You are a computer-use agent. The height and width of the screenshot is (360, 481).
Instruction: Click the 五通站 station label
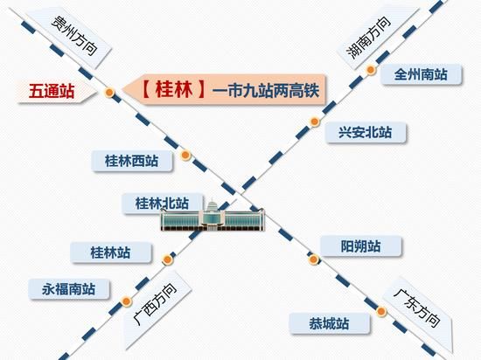pyautogui.click(x=52, y=91)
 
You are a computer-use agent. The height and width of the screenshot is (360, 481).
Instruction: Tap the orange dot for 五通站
pyautogui.click(x=109, y=92)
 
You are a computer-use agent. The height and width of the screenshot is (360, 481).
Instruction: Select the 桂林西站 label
pyautogui.click(x=131, y=161)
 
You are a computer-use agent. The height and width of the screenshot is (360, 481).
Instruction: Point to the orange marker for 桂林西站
pyautogui.click(x=185, y=155)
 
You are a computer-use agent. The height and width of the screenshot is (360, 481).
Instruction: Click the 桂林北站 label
pyautogui.click(x=162, y=203)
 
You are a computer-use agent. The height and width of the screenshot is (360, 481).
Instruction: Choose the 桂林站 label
pyautogui.click(x=110, y=253)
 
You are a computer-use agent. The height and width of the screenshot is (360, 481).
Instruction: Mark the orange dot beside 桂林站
pyautogui.click(x=167, y=260)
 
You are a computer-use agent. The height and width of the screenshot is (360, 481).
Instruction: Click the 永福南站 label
pyautogui.click(x=69, y=289)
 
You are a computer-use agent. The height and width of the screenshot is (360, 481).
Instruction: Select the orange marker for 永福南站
pyautogui.click(x=126, y=301)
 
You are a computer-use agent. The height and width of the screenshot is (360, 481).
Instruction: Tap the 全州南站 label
pyautogui.click(x=421, y=74)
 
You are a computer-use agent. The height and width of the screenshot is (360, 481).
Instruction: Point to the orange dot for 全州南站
pyautogui.click(x=371, y=70)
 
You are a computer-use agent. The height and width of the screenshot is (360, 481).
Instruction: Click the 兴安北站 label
pyautogui.click(x=366, y=133)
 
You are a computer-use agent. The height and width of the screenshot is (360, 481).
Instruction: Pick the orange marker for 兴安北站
pyautogui.click(x=315, y=121)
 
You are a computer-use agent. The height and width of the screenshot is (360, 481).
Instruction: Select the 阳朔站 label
pyautogui.click(x=360, y=246)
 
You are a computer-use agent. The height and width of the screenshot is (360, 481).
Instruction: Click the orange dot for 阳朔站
pyautogui.click(x=313, y=260)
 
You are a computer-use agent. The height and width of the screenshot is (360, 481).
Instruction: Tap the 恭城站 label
pyautogui.click(x=329, y=323)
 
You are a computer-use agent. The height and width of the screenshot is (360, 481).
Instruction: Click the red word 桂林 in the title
pyautogui.click(x=174, y=89)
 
